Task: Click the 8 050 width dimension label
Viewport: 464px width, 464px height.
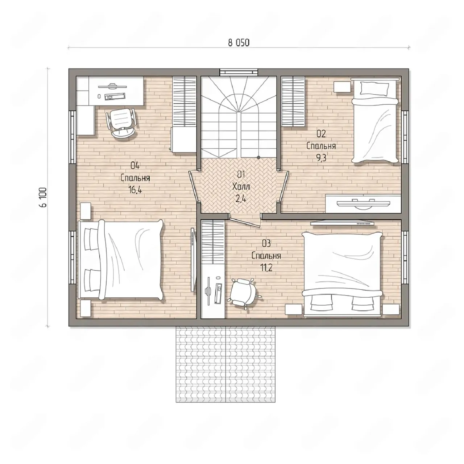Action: coord(239,43)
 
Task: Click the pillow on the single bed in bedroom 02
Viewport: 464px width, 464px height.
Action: coord(375,88)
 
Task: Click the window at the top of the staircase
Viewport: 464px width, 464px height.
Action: coord(239,72)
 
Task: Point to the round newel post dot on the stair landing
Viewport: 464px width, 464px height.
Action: coord(258,158)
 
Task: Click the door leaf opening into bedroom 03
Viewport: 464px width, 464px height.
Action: coord(245,222)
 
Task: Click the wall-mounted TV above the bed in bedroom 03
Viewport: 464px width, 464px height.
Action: coord(342,223)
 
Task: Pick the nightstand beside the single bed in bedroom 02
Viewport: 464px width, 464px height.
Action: coord(342,87)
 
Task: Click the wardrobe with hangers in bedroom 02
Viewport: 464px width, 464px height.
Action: coord(294,101)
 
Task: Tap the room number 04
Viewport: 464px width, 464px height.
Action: coord(135,166)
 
